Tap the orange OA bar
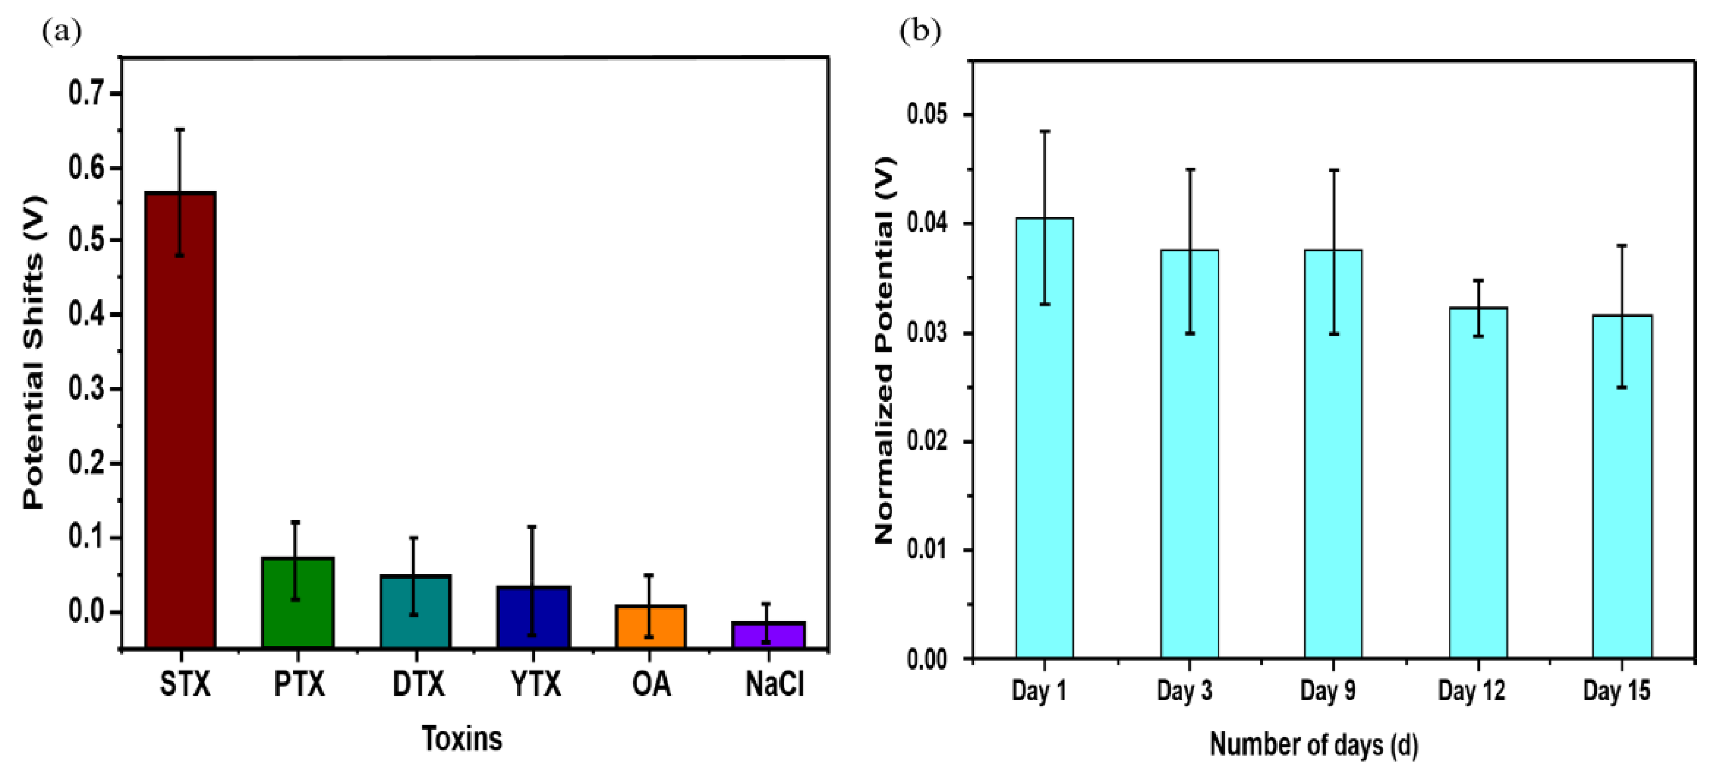click(650, 626)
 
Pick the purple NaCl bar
click(768, 635)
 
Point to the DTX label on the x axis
click(418, 684)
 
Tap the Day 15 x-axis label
click(1616, 690)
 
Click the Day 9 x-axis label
click(1328, 690)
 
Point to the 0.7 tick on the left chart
click(87, 93)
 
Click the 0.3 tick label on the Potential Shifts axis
click(87, 389)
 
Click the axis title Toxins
click(462, 738)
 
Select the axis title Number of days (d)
click(1314, 744)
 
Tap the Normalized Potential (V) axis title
click(884, 351)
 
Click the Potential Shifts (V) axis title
click(33, 352)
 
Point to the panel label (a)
click(62, 31)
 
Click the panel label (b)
click(920, 31)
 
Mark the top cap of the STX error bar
click(180, 130)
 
